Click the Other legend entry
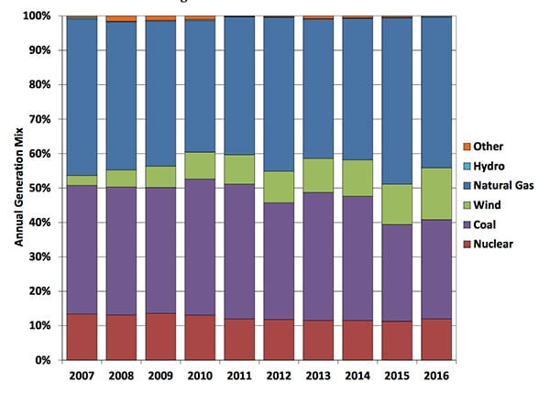(483, 147)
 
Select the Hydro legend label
(485, 166)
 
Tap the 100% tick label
(37, 16)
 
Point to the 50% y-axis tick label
(39, 188)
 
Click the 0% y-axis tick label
(43, 360)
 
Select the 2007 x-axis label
(82, 376)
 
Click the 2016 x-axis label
(434, 376)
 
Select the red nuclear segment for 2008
(121, 337)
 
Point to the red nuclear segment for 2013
(317, 340)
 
